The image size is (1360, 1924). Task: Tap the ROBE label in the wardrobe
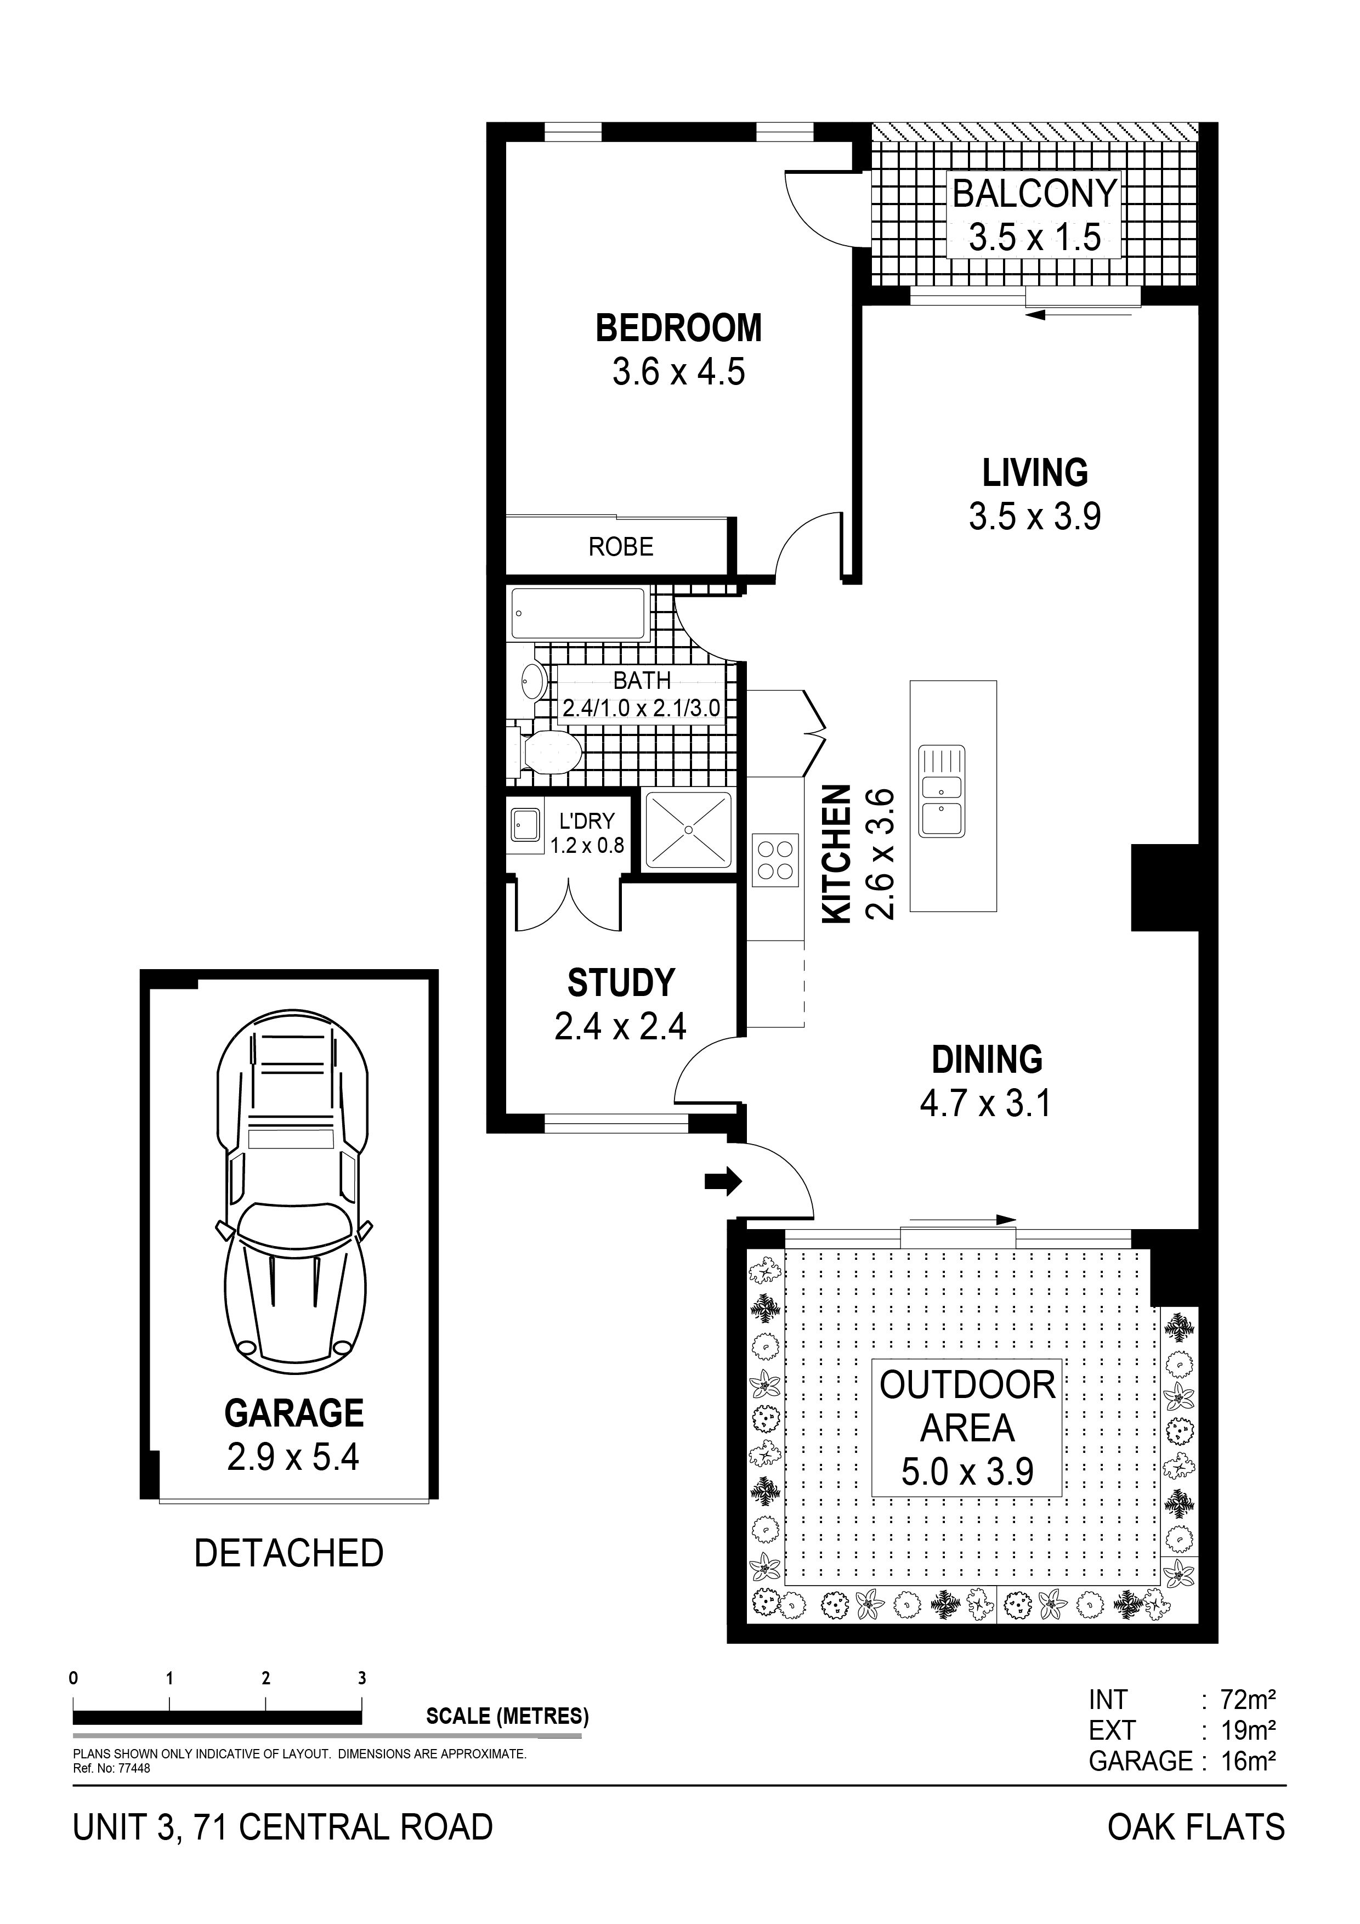point(621,547)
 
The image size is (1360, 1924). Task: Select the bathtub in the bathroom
point(578,614)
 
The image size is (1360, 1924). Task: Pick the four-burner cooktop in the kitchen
point(775,859)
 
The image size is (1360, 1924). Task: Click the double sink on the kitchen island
point(942,791)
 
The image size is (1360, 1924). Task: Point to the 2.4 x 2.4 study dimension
point(620,1027)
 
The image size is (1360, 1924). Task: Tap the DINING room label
point(987,1060)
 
